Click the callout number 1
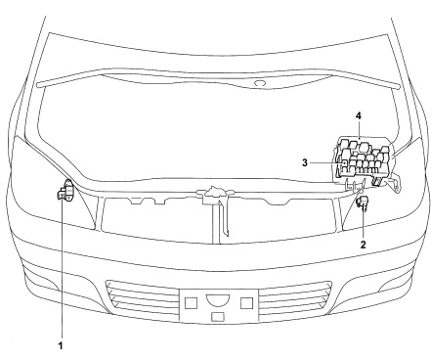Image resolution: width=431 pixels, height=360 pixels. [x=61, y=345]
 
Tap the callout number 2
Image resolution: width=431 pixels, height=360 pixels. [x=363, y=245]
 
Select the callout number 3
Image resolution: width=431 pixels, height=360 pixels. [x=305, y=162]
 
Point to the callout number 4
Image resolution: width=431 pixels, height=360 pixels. [x=359, y=115]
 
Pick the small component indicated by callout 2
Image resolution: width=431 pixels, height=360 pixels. [x=363, y=203]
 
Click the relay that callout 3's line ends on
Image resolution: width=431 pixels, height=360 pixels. [x=344, y=162]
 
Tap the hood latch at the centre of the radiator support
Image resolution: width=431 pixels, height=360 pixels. [x=215, y=194]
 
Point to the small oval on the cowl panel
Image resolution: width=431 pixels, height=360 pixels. [x=260, y=83]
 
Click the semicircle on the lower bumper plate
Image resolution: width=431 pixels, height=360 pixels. [x=218, y=298]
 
